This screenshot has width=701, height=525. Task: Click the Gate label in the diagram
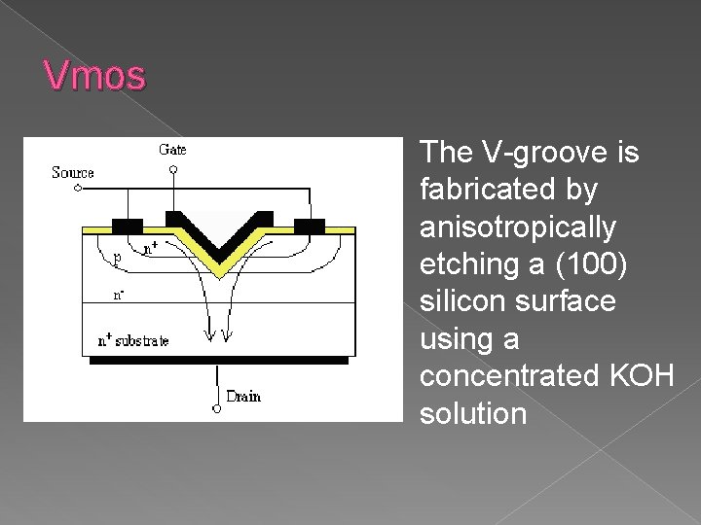(x=172, y=149)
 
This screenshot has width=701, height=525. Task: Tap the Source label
(x=73, y=173)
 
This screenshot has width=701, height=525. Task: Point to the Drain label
(x=242, y=396)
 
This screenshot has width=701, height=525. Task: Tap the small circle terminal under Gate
(x=173, y=170)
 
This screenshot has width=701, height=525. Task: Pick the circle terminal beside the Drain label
(x=216, y=407)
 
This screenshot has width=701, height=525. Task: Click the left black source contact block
(x=127, y=226)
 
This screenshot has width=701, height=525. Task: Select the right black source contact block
(x=309, y=227)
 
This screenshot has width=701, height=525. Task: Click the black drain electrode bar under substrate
(x=218, y=360)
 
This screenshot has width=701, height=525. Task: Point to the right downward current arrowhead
(x=228, y=336)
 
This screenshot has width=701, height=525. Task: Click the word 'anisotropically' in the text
(x=518, y=227)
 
